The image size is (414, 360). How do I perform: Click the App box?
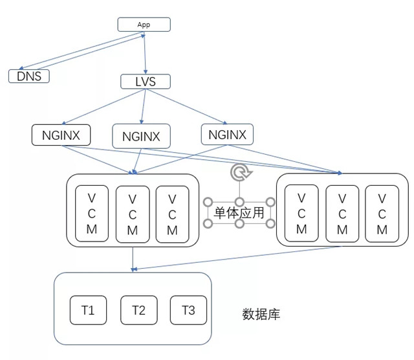pos(144,25)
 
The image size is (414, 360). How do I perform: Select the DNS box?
pos(29,76)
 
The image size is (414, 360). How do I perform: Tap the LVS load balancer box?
pos(146,82)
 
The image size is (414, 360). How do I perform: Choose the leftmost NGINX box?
pos(61,135)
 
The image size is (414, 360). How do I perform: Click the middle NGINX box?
pos(141,136)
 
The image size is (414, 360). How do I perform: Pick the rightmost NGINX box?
pos(227,134)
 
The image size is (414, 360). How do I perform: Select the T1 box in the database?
pos(88,310)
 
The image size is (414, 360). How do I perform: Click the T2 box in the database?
pos(138,310)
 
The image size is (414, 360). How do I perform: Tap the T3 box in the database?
pos(188,310)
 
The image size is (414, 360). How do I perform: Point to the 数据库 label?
pos(261,315)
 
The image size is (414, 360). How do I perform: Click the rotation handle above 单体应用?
pos(239,172)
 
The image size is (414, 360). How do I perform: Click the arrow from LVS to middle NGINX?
pos(143,107)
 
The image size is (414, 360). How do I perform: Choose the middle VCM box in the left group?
pos(133,214)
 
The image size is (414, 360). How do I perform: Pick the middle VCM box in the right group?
pos(342,214)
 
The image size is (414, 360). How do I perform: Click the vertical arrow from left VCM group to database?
pos(133,259)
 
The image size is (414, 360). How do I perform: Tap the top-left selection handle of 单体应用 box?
pos(208,203)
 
